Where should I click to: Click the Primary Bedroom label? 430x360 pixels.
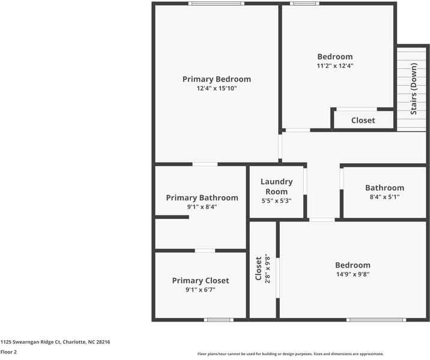point(216,79)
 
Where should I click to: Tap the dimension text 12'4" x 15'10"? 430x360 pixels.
point(216,89)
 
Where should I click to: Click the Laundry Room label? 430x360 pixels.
point(276,187)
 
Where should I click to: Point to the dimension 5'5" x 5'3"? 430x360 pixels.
point(276,201)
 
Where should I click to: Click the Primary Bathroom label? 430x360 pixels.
point(202,197)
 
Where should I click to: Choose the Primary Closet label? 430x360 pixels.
point(200,280)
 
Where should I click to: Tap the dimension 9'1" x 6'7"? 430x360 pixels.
point(200,290)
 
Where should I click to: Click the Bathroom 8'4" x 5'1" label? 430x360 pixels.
point(384,188)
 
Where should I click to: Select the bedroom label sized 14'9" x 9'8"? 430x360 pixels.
point(353,265)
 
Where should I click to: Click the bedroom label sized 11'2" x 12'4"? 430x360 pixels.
point(335,57)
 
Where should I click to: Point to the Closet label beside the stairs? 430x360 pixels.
point(363,120)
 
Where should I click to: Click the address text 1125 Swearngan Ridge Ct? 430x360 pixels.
point(55,342)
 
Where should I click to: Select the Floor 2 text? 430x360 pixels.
point(8,352)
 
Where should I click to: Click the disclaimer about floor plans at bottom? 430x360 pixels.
point(290,354)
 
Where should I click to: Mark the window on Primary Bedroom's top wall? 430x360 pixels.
point(216,4)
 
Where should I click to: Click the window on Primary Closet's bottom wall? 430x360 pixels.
point(219,320)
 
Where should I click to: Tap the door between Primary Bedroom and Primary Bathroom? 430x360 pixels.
point(205,164)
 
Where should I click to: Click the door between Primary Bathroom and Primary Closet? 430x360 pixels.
point(205,250)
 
